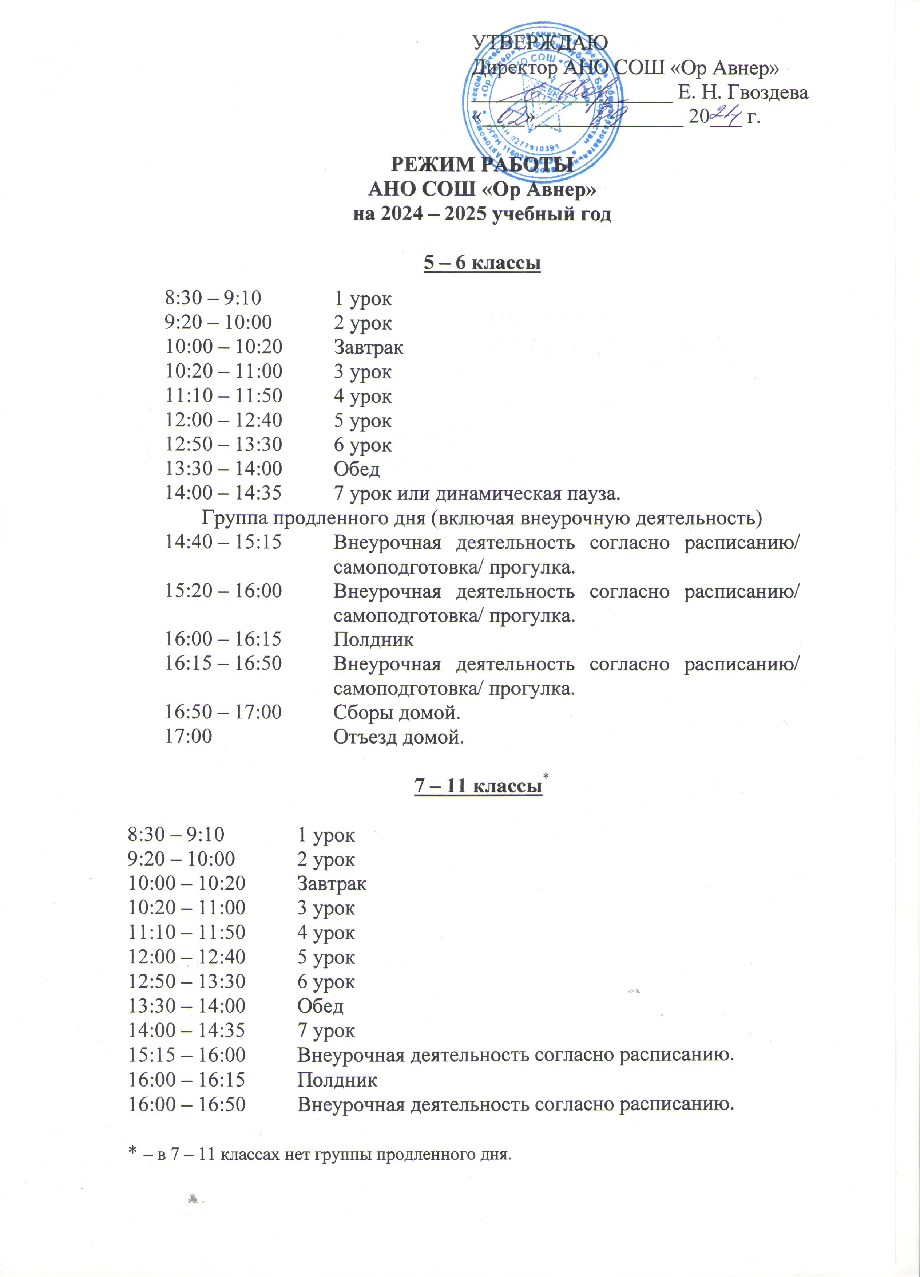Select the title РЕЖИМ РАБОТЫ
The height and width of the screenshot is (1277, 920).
[482, 165]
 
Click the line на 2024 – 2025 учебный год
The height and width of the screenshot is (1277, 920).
[482, 214]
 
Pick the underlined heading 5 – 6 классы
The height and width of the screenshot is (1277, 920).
[482, 263]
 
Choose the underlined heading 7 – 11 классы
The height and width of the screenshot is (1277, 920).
[478, 785]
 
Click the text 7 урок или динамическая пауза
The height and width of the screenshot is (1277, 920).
[477, 494]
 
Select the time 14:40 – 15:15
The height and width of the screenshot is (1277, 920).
[223, 542]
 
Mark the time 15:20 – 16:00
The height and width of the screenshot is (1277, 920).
[223, 591]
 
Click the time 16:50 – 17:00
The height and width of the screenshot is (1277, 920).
[223, 712]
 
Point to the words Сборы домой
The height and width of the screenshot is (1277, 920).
[397, 713]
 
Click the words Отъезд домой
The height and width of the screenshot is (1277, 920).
[398, 737]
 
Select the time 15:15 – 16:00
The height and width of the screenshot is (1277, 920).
[187, 1055]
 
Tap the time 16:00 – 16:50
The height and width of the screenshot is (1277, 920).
[187, 1104]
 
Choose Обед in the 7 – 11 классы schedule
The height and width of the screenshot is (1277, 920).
[320, 1006]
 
